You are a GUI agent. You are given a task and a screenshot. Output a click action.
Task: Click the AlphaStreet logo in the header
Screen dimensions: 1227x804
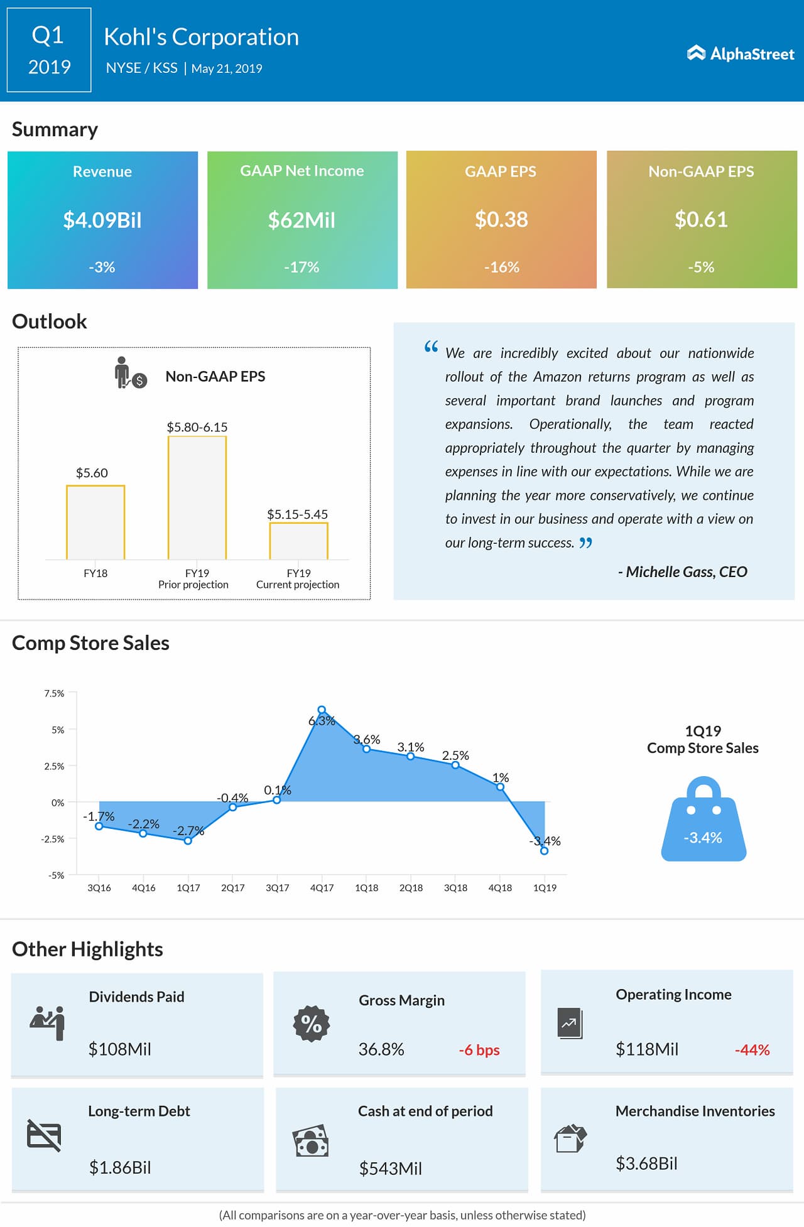click(741, 54)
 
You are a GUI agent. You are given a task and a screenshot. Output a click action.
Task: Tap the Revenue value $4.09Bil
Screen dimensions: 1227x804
click(102, 220)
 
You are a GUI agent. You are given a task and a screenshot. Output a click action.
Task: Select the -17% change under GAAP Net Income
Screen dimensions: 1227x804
click(301, 267)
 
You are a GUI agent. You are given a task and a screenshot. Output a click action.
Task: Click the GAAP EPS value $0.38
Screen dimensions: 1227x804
click(501, 220)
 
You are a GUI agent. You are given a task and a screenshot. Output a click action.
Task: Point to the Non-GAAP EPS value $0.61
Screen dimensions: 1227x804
click(701, 220)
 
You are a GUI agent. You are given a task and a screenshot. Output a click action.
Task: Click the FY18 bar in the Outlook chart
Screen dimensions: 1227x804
click(95, 522)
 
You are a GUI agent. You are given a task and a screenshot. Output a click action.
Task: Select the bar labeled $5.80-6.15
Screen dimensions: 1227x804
click(197, 497)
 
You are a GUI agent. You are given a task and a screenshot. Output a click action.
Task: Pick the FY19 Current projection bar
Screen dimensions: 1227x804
click(298, 541)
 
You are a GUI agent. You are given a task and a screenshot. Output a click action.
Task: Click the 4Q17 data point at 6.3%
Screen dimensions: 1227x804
click(322, 710)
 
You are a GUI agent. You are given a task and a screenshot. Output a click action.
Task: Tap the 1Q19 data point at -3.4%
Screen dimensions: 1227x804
click(544, 851)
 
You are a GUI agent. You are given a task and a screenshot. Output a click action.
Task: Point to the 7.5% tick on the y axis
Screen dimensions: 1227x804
click(55, 693)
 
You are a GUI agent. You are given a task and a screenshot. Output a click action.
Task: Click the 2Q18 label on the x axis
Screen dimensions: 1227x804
click(411, 888)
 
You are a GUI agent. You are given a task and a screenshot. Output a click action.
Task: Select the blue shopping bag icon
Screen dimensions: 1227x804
click(703, 820)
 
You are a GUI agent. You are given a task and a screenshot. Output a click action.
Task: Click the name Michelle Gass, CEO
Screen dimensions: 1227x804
click(683, 571)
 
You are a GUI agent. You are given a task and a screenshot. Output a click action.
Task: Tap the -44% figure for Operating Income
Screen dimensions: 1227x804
click(752, 1050)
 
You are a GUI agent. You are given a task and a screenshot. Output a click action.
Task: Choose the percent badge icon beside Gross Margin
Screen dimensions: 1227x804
click(312, 1024)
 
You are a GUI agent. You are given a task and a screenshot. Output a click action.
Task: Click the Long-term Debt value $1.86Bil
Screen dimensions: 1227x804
click(120, 1167)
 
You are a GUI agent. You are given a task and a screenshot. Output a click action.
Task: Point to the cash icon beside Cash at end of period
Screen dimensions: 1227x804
click(311, 1141)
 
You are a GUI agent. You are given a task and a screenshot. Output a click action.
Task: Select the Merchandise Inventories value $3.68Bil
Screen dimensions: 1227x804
click(646, 1164)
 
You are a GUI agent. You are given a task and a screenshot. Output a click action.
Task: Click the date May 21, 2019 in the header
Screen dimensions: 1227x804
click(227, 68)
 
